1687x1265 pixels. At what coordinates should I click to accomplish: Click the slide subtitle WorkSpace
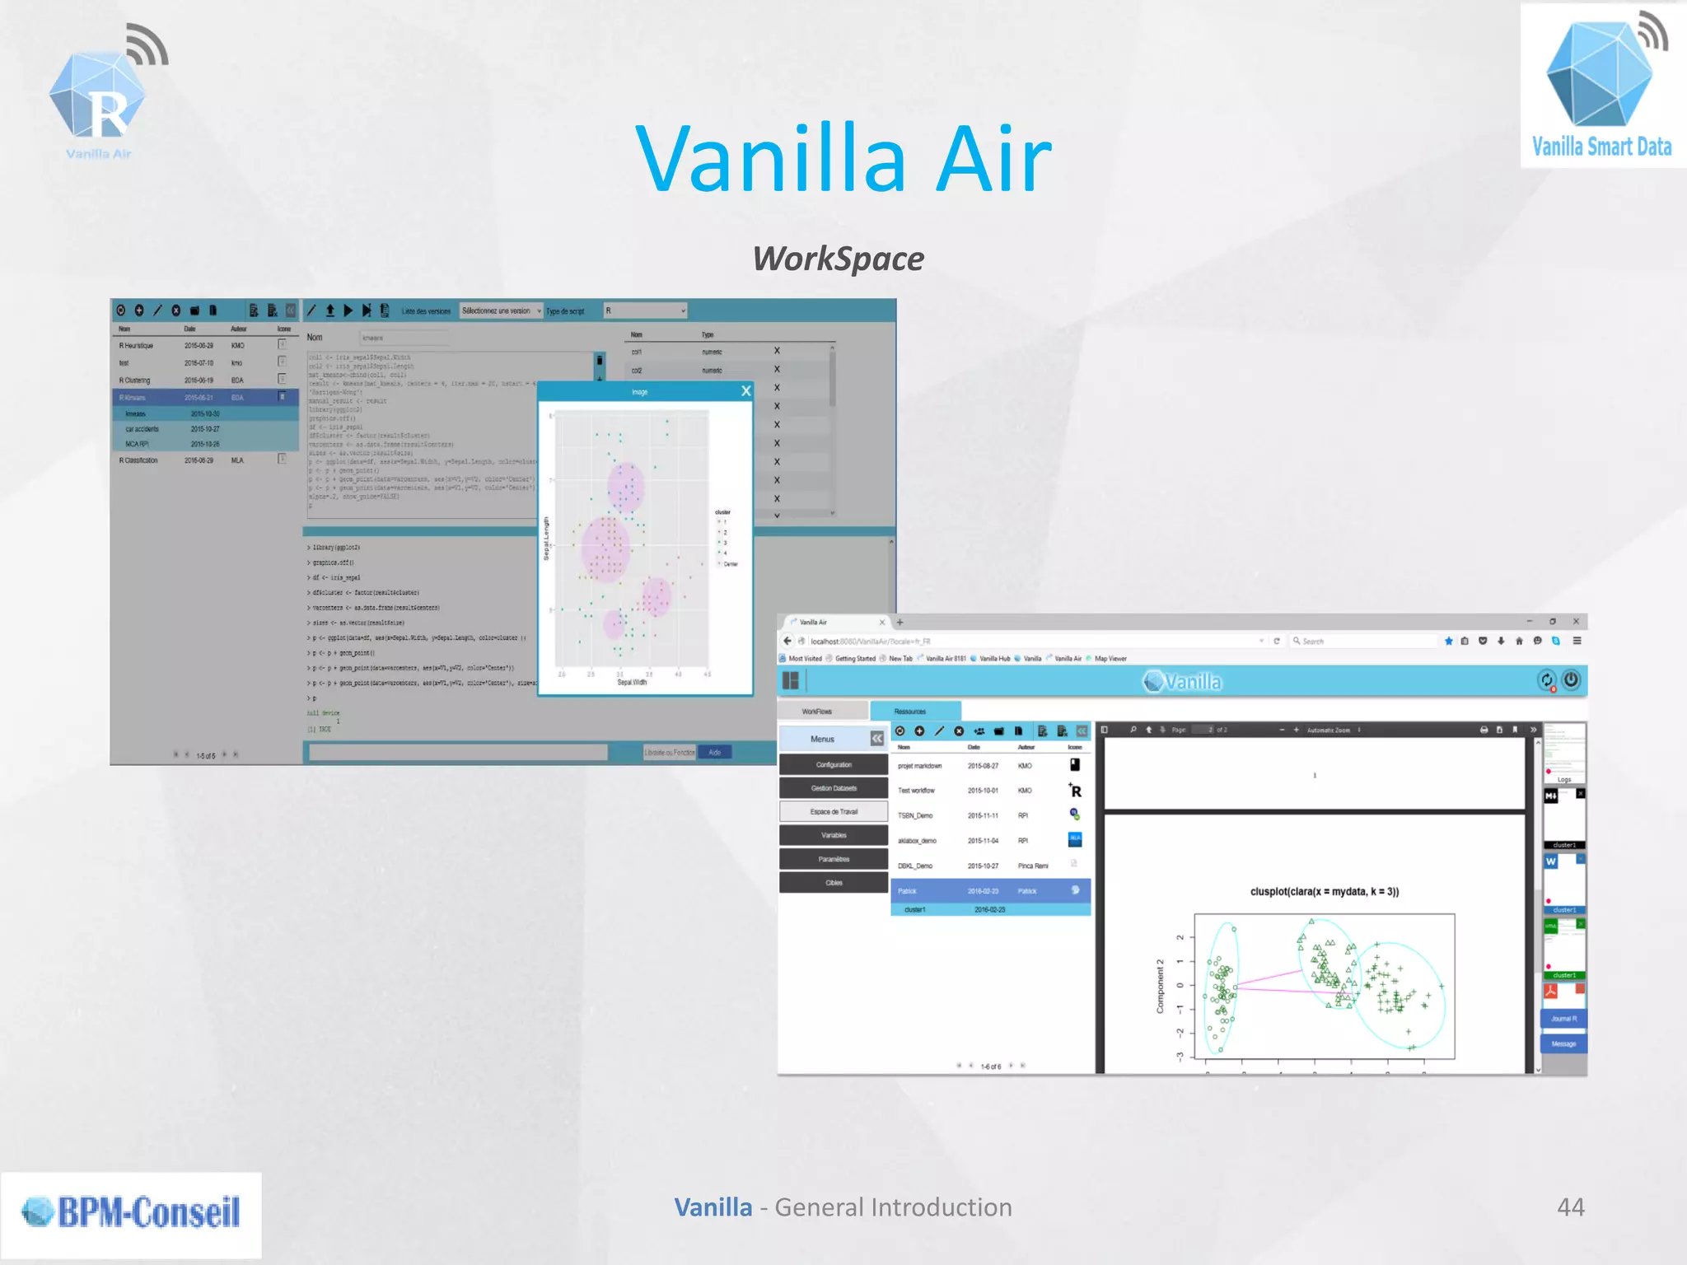pyautogui.click(x=838, y=259)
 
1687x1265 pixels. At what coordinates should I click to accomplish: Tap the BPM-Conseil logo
pyautogui.click(x=132, y=1212)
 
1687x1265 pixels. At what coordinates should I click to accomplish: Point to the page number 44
pyautogui.click(x=1570, y=1207)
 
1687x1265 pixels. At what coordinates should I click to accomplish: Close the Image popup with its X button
pyautogui.click(x=746, y=391)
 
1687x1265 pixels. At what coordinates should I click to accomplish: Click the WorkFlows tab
pyautogui.click(x=817, y=711)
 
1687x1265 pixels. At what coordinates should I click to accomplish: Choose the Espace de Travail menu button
pyautogui.click(x=834, y=811)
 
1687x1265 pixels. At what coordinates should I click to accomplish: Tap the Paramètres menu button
pyautogui.click(x=834, y=859)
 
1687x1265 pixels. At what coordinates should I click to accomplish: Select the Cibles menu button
pyautogui.click(x=834, y=883)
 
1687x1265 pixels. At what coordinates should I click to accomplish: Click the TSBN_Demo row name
pyautogui.click(x=915, y=815)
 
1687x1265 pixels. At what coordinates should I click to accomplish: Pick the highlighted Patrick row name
pyautogui.click(x=907, y=891)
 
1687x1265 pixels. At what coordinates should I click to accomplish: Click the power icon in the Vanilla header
pyautogui.click(x=1571, y=680)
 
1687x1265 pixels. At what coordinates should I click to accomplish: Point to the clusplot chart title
pyautogui.click(x=1324, y=891)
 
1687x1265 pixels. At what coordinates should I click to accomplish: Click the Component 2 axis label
pyautogui.click(x=1160, y=986)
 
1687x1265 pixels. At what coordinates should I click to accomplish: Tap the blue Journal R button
pyautogui.click(x=1563, y=1019)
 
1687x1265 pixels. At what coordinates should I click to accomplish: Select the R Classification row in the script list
pyautogui.click(x=138, y=460)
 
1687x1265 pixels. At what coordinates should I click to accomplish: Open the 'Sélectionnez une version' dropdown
pyautogui.click(x=501, y=310)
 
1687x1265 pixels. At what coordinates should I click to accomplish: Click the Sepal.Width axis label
pyautogui.click(x=632, y=682)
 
